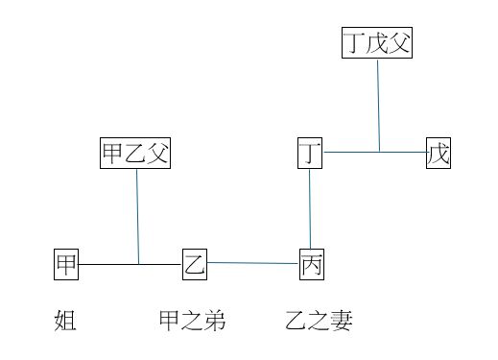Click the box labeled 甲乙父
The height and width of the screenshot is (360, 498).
pyautogui.click(x=135, y=154)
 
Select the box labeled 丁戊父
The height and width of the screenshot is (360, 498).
pyautogui.click(x=377, y=43)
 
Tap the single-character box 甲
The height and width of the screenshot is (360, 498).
pyautogui.click(x=66, y=264)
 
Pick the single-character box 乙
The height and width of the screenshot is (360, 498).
pyautogui.click(x=195, y=264)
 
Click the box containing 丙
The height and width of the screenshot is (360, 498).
pyautogui.click(x=312, y=264)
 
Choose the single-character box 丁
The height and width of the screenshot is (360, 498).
pyautogui.click(x=309, y=154)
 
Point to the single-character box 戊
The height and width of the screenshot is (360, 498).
pyautogui.click(x=439, y=154)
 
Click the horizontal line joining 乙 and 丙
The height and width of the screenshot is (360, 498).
pyautogui.click(x=253, y=262)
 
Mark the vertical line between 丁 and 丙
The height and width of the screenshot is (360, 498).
pyautogui.click(x=310, y=209)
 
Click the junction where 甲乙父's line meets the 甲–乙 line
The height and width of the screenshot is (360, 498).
pyautogui.click(x=139, y=263)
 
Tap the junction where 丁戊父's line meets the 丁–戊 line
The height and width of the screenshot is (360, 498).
pyautogui.click(x=379, y=152)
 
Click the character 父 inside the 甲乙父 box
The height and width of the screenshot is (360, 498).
pyautogui.click(x=157, y=154)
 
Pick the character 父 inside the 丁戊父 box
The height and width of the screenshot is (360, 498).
pyautogui.click(x=399, y=43)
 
